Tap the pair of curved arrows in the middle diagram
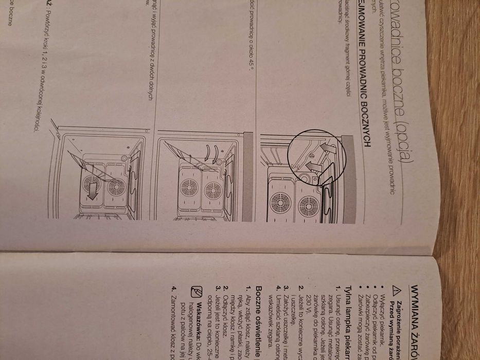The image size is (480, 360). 210,154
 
